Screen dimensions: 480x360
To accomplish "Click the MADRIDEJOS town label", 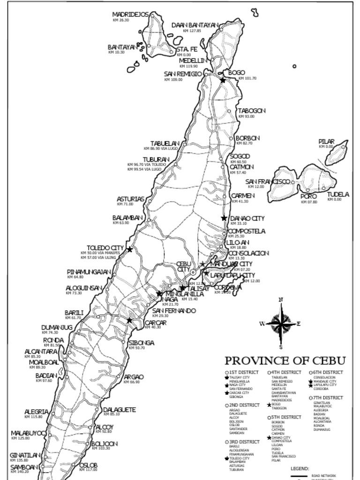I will pos(130,15).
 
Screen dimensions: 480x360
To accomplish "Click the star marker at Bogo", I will pos(223,80).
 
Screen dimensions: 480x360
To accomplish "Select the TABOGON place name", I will pos(252,111).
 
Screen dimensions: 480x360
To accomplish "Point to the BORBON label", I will pos(247,138).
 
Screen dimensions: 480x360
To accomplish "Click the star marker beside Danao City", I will pos(224,218).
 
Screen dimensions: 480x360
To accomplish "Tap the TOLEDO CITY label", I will pos(105,247).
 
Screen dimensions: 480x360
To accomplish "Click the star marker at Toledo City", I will pos(130,249).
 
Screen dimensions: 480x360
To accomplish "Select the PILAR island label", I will pos(326,141).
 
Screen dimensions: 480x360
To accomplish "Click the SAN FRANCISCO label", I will pos(268,181).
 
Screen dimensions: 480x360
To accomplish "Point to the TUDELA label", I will pos(337,194).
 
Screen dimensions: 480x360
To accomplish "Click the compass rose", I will pos(280,323).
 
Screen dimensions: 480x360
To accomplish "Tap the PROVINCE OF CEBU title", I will pos(285,360).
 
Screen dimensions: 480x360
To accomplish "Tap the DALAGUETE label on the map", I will pos(119,410).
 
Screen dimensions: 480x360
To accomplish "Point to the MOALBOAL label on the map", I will pos(44,362).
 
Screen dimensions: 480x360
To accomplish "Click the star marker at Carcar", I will pos(129,320).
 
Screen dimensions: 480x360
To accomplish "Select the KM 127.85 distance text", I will pos(192,30).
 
